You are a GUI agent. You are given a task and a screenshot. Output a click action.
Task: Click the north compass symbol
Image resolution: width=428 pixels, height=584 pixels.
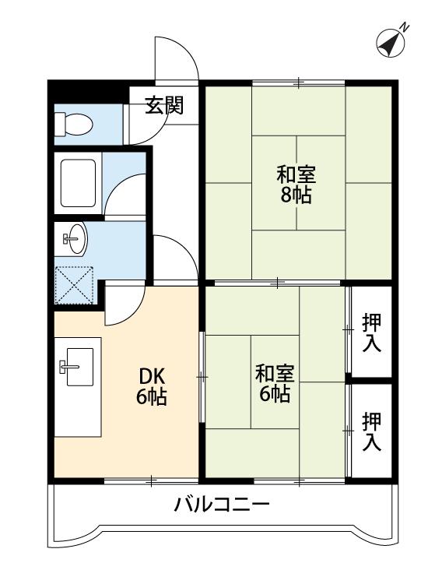[391, 43]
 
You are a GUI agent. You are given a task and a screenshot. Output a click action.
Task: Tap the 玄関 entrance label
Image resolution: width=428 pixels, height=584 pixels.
[164, 105]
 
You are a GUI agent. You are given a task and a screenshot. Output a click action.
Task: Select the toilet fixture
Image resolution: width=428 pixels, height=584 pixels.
[73, 125]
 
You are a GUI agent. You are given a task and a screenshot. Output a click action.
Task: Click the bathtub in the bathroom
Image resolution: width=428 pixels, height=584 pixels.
[78, 183]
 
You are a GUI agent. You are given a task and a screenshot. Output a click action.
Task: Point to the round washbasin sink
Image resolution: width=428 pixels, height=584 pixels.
[75, 239]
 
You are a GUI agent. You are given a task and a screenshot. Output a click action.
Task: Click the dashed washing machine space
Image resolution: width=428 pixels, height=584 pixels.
[74, 285]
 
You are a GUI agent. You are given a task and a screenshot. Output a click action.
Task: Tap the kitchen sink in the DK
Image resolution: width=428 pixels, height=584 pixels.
[76, 367]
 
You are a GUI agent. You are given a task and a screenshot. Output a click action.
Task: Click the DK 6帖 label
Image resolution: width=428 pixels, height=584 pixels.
[152, 386]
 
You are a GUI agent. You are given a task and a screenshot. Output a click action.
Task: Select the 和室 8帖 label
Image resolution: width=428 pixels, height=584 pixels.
[296, 185]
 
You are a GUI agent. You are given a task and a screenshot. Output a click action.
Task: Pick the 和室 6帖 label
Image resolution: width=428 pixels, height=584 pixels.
[275, 384]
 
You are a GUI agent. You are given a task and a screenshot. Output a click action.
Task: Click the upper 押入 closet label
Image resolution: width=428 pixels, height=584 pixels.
[372, 332]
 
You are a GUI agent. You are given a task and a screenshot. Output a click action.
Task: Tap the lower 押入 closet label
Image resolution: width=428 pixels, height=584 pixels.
[372, 431]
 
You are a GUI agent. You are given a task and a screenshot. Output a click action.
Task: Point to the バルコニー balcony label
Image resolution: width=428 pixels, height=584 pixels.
[222, 505]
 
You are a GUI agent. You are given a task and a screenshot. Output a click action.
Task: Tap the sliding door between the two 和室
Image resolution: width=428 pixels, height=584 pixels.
[278, 283]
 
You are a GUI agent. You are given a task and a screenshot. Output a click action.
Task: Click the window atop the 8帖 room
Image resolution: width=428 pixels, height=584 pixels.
[299, 83]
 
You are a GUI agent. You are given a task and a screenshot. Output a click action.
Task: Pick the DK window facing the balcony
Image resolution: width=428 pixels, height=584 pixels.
[151, 480]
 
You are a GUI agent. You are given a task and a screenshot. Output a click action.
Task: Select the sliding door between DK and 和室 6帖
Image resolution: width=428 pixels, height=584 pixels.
[202, 377]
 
